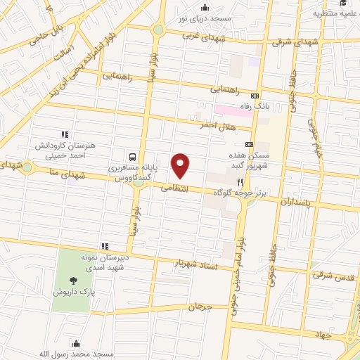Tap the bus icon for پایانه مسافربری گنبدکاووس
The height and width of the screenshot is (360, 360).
coord(132,157)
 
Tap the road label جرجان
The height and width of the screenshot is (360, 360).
coord(200,307)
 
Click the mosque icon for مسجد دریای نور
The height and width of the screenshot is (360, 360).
coord(205,8)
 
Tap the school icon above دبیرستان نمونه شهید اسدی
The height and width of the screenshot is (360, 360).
coord(104,246)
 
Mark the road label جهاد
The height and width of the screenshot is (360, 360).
coord(323,337)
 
